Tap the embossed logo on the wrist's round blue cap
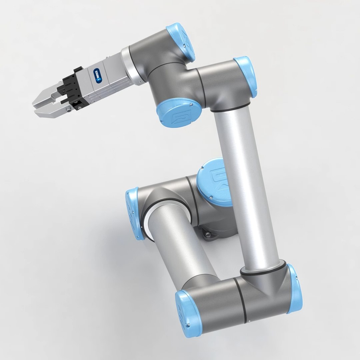[178, 115]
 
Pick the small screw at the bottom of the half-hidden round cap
[212, 199]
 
